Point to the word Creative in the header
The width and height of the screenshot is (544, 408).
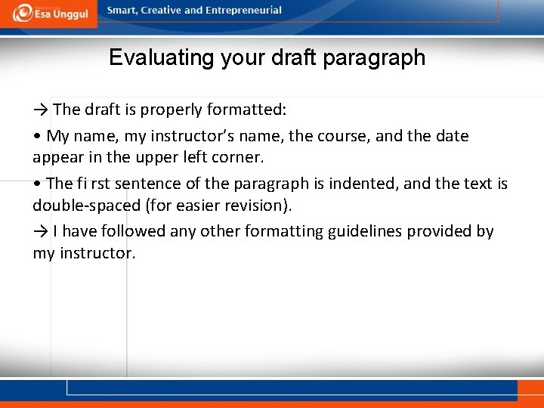coord(162,11)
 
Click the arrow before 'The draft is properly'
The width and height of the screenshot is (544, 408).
coord(41,110)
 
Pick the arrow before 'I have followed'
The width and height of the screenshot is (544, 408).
coord(41,231)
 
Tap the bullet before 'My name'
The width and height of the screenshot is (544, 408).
coord(36,137)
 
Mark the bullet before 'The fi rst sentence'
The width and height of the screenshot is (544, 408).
coord(36,184)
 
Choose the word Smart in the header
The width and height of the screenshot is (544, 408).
coord(122,11)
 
